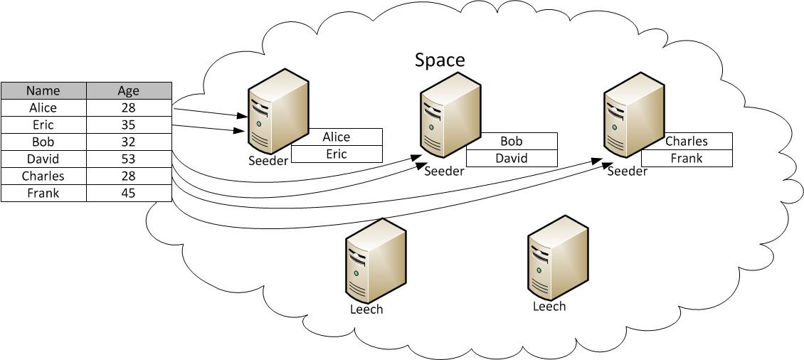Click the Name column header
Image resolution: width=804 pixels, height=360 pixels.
tap(43, 90)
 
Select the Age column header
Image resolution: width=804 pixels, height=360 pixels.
tap(129, 90)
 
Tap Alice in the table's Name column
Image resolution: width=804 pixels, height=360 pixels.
tap(43, 107)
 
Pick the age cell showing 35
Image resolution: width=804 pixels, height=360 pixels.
tap(129, 125)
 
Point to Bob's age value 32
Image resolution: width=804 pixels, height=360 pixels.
tap(129, 142)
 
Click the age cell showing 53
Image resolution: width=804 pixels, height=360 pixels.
tap(129, 159)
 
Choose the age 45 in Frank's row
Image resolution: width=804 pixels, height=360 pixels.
tap(129, 193)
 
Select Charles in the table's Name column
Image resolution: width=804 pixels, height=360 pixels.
tap(43, 176)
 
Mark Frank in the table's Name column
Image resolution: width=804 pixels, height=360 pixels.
tap(43, 193)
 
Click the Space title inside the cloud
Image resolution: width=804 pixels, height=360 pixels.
tap(440, 60)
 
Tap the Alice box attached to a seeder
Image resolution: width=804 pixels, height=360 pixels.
tap(337, 137)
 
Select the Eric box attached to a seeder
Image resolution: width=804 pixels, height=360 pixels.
tap(337, 154)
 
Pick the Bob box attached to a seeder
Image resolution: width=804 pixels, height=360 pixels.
tap(512, 142)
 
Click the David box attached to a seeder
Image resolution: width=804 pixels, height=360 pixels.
tap(512, 159)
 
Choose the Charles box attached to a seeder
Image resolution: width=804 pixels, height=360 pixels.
tap(687, 141)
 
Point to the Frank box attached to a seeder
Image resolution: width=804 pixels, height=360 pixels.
tap(687, 159)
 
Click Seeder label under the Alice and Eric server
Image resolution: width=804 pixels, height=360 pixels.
tap(268, 161)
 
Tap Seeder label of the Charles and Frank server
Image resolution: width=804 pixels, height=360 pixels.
tap(628, 171)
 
